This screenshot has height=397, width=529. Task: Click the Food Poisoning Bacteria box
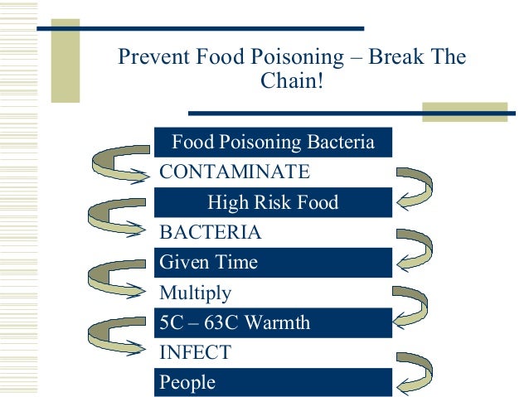(x=273, y=143)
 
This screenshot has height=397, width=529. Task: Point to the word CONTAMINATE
(x=235, y=172)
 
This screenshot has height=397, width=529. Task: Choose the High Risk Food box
(x=273, y=202)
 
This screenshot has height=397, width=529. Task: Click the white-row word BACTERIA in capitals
(x=210, y=233)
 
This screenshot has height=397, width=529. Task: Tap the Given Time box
(x=273, y=263)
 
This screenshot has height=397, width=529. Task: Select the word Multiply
(x=196, y=293)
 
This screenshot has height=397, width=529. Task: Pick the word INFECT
(x=195, y=352)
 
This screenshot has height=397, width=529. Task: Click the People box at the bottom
(x=273, y=382)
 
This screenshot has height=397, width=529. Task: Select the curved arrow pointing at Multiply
(x=116, y=282)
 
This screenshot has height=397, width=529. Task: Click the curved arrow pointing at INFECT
(x=116, y=340)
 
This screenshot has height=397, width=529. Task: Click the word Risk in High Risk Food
(x=273, y=202)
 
